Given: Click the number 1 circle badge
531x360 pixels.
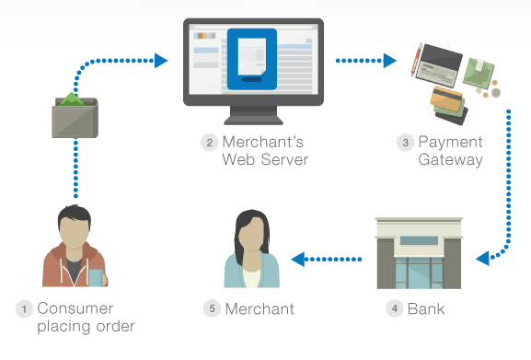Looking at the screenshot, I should click(x=23, y=309).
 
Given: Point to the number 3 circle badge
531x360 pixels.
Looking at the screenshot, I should click(x=405, y=143).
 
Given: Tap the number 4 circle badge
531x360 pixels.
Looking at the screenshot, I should click(x=394, y=309).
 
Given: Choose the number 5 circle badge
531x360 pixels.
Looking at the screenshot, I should click(x=212, y=309).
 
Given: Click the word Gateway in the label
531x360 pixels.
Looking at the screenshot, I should click(x=450, y=159).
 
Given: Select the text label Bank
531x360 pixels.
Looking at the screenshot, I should click(x=427, y=308).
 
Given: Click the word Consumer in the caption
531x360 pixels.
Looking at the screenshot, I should click(x=75, y=308).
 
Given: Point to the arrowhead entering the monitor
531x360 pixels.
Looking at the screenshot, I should click(x=162, y=62).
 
